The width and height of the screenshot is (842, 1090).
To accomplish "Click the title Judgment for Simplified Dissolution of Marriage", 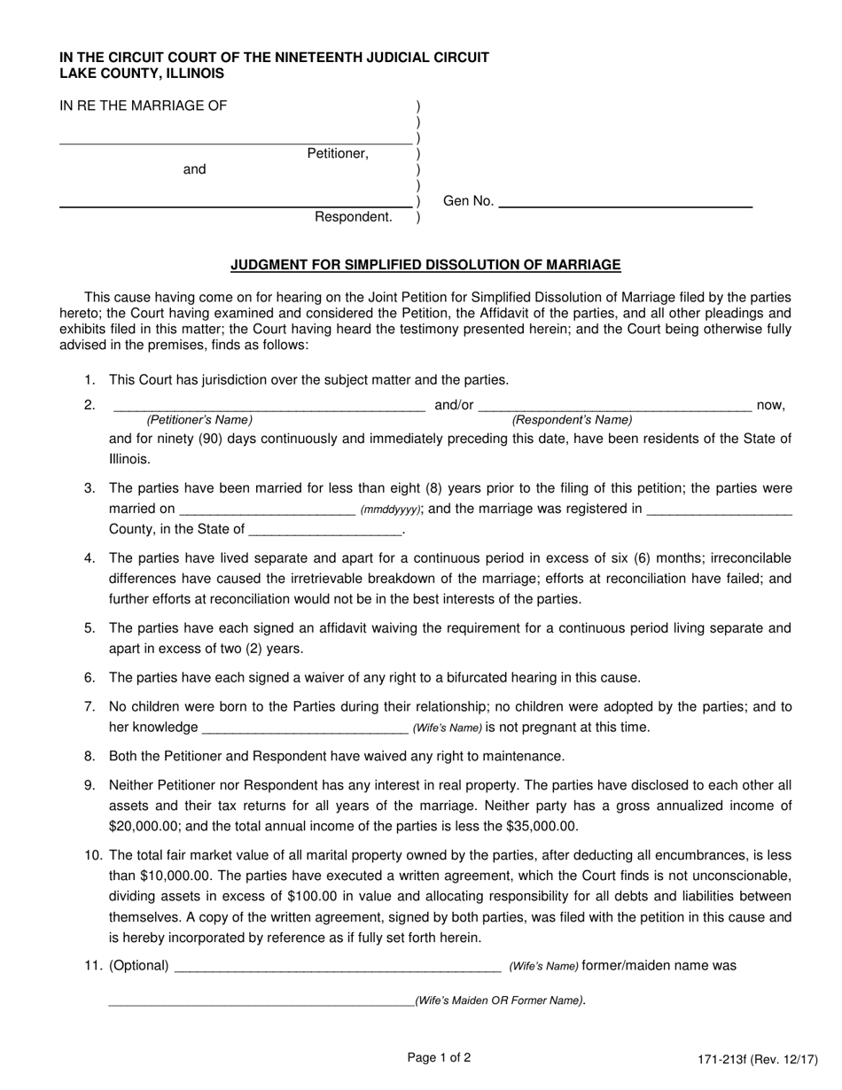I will click(425, 264).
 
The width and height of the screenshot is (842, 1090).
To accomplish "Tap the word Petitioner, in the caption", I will click(338, 153).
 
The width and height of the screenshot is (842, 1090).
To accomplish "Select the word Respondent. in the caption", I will click(354, 217).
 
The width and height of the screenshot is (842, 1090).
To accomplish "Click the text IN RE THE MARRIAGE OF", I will click(143, 106).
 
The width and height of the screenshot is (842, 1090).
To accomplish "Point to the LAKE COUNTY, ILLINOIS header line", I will click(142, 74).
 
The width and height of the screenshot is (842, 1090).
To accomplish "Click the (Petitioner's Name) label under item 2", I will click(199, 420).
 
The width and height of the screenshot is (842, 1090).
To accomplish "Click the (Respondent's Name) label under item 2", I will click(573, 420).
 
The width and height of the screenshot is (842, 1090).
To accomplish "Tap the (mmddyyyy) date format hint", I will click(391, 510).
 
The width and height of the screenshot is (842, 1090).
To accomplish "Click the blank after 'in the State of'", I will click(325, 530).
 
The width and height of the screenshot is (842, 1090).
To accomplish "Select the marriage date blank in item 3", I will click(267, 510).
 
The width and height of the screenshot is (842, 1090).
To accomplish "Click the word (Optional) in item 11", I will click(139, 966).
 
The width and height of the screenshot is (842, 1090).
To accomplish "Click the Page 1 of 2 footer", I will click(439, 1057).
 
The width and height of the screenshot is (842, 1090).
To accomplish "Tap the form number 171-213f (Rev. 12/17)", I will click(758, 1059).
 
